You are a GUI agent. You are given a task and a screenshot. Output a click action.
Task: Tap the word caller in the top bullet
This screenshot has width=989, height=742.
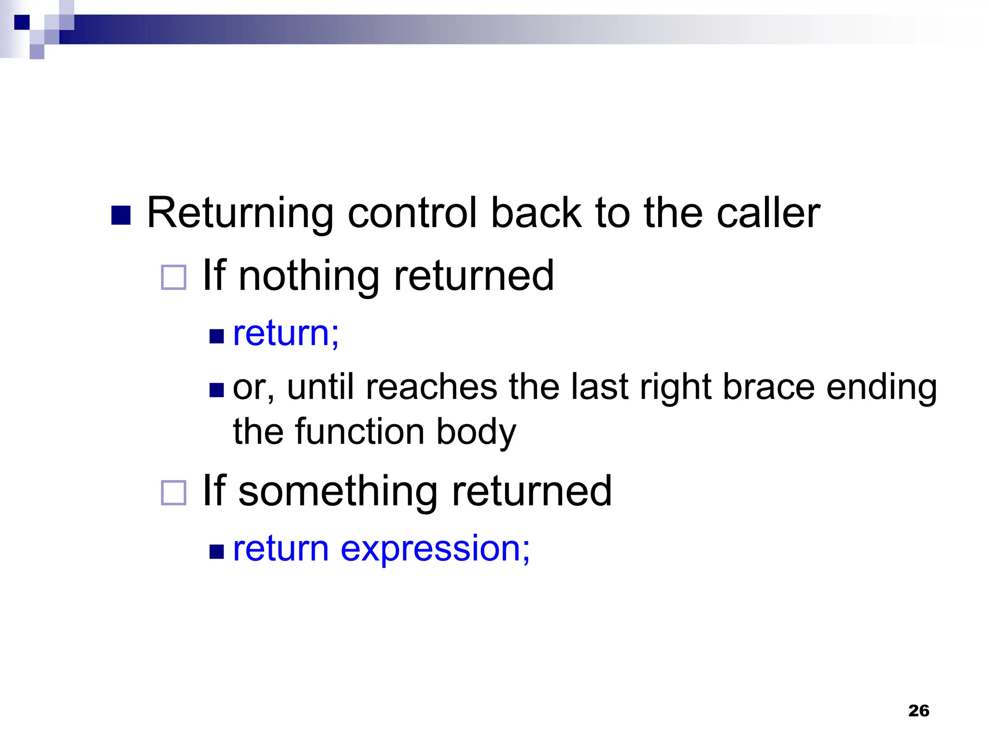768,214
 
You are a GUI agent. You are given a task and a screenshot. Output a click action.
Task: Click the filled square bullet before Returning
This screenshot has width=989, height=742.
121,215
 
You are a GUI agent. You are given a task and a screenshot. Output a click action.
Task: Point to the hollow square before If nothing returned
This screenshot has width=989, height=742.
173,277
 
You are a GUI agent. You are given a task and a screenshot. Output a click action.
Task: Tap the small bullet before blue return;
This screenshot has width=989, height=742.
217,336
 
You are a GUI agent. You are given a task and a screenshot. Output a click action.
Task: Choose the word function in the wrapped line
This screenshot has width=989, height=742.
360,431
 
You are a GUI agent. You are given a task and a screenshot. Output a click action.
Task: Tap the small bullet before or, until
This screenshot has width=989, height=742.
217,389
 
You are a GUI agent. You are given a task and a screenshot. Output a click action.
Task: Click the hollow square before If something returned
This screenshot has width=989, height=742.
173,493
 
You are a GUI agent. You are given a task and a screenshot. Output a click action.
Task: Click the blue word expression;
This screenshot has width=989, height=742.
435,550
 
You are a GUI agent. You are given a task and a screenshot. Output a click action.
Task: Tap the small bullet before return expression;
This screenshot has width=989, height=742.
217,551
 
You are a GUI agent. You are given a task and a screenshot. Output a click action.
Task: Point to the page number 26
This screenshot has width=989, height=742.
918,711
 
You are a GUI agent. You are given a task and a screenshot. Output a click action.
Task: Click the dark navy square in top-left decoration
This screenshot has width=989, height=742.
22,22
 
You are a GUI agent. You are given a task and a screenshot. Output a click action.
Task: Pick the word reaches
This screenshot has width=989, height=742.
431,387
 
